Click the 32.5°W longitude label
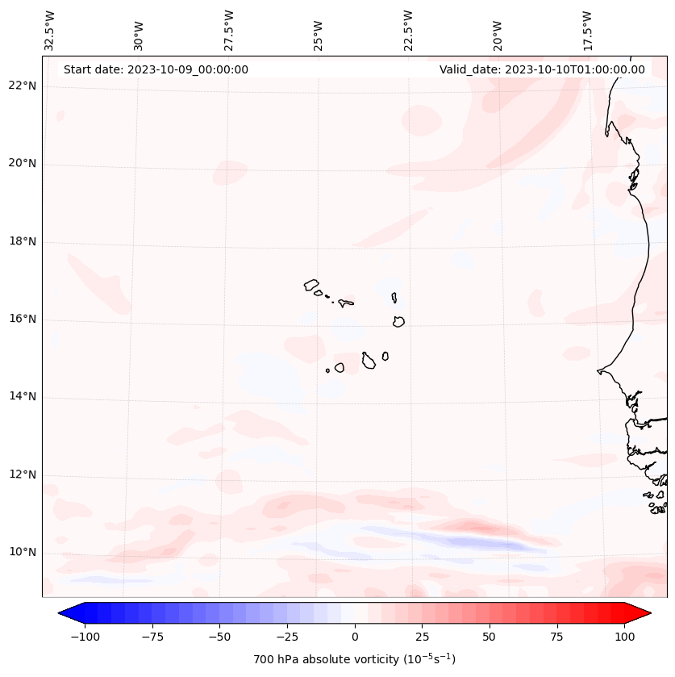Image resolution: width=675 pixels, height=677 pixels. pos(49,31)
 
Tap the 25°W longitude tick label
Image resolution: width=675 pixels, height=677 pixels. pos(318,36)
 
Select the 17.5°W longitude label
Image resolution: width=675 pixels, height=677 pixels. pos(587,31)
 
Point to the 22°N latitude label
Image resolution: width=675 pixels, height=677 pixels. pos(23,86)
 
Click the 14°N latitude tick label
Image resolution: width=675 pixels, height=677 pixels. pos(23,396)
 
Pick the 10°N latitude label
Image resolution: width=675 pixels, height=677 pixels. pos(23,552)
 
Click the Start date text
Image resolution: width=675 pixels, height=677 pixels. pos(156,69)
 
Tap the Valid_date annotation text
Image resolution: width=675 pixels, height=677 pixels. pos(542,69)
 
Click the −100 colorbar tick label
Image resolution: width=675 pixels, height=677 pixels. pos(85,637)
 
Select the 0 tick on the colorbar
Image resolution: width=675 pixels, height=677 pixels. pos(355,637)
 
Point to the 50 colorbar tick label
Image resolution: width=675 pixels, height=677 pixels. pos(489,637)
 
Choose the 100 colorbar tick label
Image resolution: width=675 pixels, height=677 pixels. pos(624,637)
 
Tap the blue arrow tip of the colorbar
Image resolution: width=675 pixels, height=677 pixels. pos(58,612)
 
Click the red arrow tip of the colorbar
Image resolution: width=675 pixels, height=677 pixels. pos(651,612)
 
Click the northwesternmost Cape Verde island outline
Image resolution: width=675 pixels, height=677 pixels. pos(311,285)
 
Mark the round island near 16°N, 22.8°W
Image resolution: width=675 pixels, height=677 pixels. pos(398,322)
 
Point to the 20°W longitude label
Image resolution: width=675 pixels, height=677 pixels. pos(498,36)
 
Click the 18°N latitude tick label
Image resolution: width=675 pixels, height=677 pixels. pos(23,241)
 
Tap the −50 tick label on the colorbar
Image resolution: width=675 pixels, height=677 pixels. pos(219,637)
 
